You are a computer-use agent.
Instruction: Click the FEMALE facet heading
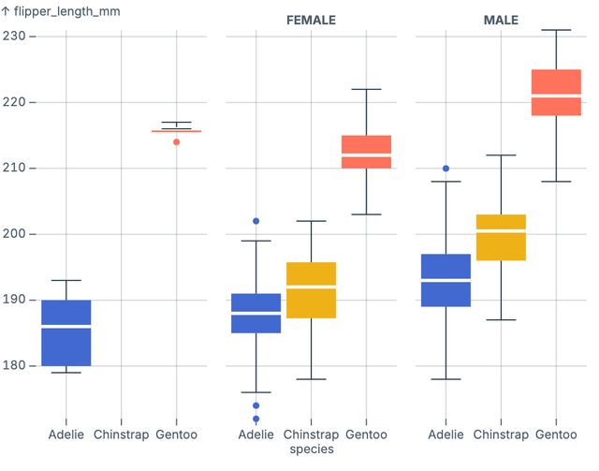tap(311, 21)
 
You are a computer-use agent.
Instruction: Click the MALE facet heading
tap(501, 21)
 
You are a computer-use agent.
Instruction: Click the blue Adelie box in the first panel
tap(66, 333)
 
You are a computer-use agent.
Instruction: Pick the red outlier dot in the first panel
tap(176, 141)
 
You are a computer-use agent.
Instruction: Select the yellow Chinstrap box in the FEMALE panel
tap(311, 290)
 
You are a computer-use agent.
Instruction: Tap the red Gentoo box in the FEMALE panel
tap(366, 152)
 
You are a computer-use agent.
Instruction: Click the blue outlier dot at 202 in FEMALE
tap(256, 221)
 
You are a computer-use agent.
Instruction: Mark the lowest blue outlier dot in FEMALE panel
tap(256, 419)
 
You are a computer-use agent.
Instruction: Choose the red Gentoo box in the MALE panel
tap(556, 93)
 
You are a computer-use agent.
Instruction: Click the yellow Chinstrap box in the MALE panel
tap(501, 238)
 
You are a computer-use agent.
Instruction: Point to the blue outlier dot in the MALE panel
tap(446, 169)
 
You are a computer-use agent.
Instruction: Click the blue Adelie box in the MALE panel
tap(446, 280)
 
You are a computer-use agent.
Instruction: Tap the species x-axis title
tap(311, 449)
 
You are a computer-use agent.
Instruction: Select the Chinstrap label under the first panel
tap(121, 435)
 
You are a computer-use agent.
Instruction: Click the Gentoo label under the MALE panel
tap(556, 435)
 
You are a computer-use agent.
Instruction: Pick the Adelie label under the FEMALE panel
tap(256, 435)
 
